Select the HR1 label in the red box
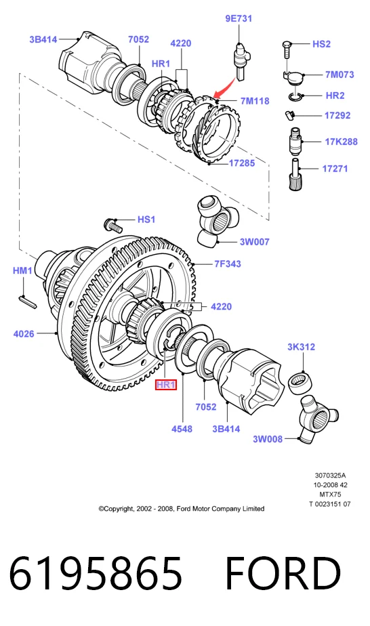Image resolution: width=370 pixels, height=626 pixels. [166, 384]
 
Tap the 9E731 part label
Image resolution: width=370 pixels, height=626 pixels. [239, 18]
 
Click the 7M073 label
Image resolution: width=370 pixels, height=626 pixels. [340, 75]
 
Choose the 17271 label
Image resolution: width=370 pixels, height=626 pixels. [335, 169]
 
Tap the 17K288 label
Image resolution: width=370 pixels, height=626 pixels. [341, 142]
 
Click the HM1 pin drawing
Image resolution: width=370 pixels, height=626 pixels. [28, 302]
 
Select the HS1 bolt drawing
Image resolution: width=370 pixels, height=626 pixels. [113, 225]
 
